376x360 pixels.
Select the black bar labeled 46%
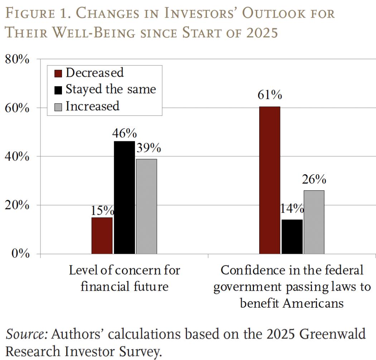(x=124, y=197)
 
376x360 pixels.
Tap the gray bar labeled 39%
(x=146, y=206)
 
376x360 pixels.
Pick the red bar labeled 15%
(x=102, y=236)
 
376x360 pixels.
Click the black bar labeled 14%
(x=292, y=237)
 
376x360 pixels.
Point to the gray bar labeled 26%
(x=314, y=222)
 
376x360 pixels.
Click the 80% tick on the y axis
(x=16, y=59)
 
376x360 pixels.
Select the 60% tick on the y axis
(x=16, y=108)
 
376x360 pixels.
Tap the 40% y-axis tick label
(x=16, y=157)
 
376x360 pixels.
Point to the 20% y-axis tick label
(x=16, y=205)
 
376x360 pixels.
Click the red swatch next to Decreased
(x=58, y=73)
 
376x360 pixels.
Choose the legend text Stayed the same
(x=111, y=89)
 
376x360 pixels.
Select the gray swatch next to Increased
(x=58, y=106)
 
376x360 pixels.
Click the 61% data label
(x=269, y=95)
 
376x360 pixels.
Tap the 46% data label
(x=124, y=133)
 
